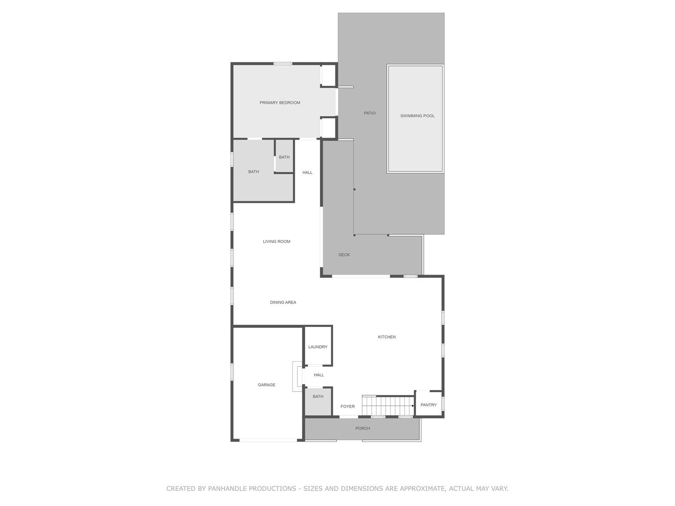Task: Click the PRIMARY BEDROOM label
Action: tap(279, 103)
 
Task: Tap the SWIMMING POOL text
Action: tap(417, 116)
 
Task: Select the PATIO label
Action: tap(369, 113)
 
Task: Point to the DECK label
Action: tap(344, 255)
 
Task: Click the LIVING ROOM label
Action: tap(277, 241)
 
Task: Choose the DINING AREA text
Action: tap(283, 302)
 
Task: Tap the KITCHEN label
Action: tap(387, 337)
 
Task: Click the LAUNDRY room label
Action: tap(318, 347)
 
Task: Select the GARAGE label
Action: tap(266, 385)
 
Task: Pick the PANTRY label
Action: tap(428, 405)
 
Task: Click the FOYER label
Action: tap(347, 407)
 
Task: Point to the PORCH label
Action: tap(362, 428)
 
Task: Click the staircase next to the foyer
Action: tap(388, 406)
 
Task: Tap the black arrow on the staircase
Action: tap(412, 406)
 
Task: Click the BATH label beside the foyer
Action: tap(318, 397)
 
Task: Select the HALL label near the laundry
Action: tap(319, 375)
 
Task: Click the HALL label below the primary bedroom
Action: tap(307, 173)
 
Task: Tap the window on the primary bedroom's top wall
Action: tap(283, 64)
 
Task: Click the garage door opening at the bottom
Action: tap(268, 440)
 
